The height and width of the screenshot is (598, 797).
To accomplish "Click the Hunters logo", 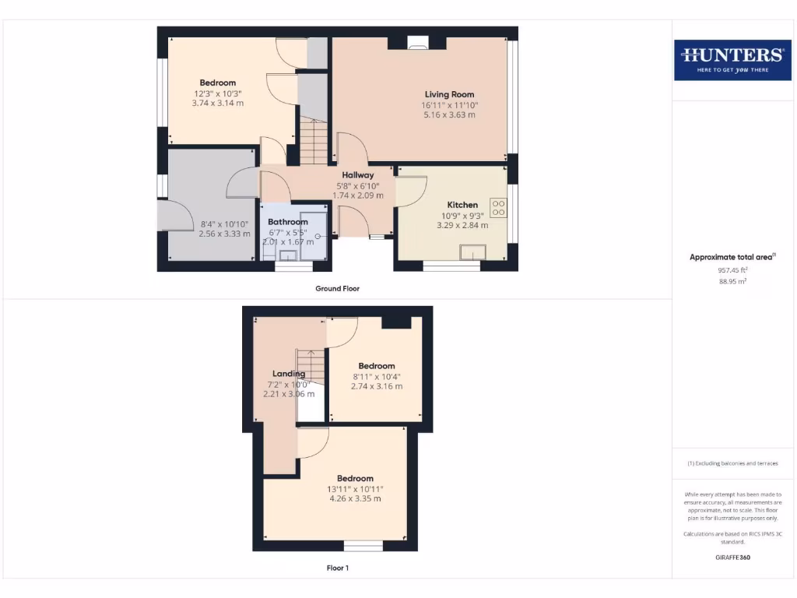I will pos(732,59).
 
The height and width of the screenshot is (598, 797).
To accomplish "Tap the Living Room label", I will pos(449,94).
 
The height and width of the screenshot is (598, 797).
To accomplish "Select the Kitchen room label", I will pos(462,205).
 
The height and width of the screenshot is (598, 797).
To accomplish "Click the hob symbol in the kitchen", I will pos(498,208).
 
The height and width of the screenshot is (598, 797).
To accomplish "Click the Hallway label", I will pos(357,175).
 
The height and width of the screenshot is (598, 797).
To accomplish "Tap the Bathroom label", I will pos(287,222).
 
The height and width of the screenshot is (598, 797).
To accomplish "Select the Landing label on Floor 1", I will pos(288,374).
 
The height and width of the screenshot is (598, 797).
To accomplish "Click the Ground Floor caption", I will pos(337,288).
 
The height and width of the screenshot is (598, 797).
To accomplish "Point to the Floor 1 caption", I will pos(337,568).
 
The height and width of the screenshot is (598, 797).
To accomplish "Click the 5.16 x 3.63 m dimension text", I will pos(449,114).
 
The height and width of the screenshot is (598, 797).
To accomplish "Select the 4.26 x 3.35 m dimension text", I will pos(355,498).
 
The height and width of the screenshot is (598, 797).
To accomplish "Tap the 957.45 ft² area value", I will pos(732,270).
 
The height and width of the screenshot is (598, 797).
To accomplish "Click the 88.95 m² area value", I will pos(732,281).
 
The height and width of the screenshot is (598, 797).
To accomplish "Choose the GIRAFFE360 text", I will pos(732,558).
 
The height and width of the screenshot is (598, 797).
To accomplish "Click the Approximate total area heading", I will pos(732,257).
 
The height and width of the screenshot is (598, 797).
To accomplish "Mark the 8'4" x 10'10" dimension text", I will pos(224,223).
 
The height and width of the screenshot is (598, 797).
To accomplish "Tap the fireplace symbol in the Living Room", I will pos(418,44).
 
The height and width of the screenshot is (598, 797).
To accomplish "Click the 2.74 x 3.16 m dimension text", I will pos(377,386).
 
